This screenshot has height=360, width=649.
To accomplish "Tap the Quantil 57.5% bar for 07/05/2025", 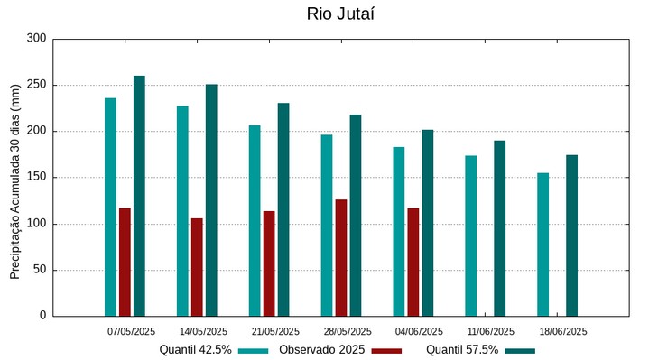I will point(139,196).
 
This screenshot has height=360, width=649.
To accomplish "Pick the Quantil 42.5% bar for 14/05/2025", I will point(182,210).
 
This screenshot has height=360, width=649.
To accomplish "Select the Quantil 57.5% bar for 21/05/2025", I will point(283,209).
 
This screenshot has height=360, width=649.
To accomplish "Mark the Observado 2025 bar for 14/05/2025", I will point(197,267).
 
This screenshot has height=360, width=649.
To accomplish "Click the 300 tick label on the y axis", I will point(37,39).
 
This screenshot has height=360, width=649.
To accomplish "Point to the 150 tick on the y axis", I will point(37,178).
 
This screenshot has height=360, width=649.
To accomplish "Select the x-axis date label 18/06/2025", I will point(563,331).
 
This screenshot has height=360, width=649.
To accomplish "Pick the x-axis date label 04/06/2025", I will point(419,331).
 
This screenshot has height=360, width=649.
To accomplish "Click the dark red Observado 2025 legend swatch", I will point(386,350).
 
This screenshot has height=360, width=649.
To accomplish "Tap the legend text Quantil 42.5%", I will point(196,350).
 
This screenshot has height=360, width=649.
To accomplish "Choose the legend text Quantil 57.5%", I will point(462,350).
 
